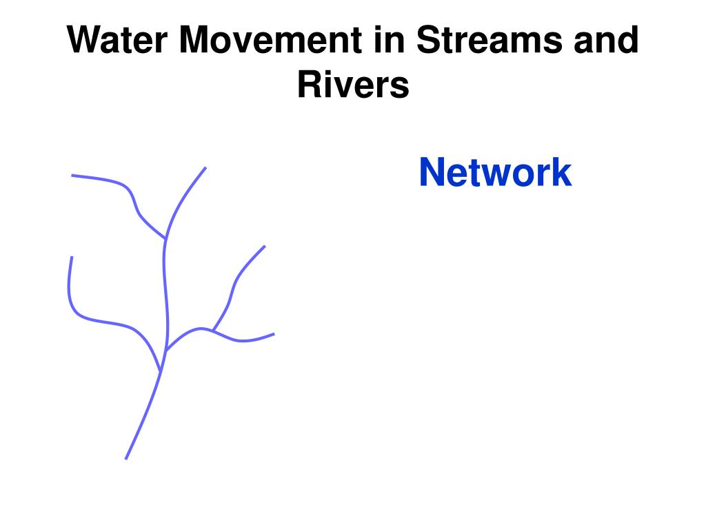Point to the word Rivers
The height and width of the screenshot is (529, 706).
pyautogui.click(x=353, y=85)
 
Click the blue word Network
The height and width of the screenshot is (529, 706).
pyautogui.click(x=495, y=172)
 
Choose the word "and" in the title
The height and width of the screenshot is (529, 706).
pyautogui.click(x=605, y=42)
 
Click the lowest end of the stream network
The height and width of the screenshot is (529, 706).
pyautogui.click(x=125, y=458)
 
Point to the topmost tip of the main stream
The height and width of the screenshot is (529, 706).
pyautogui.click(x=205, y=167)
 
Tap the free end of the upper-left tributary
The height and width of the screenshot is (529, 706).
pyautogui.click(x=72, y=176)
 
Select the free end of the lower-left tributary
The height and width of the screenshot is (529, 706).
pyautogui.click(x=72, y=257)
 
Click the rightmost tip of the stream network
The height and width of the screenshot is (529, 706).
pyautogui.click(x=274, y=334)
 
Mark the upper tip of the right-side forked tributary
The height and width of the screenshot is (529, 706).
pyautogui.click(x=265, y=246)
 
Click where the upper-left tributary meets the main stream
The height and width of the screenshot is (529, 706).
pyautogui.click(x=165, y=239)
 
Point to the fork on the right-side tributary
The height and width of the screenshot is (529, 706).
pyautogui.click(x=213, y=331)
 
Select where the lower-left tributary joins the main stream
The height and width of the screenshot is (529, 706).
pyautogui.click(x=161, y=371)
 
